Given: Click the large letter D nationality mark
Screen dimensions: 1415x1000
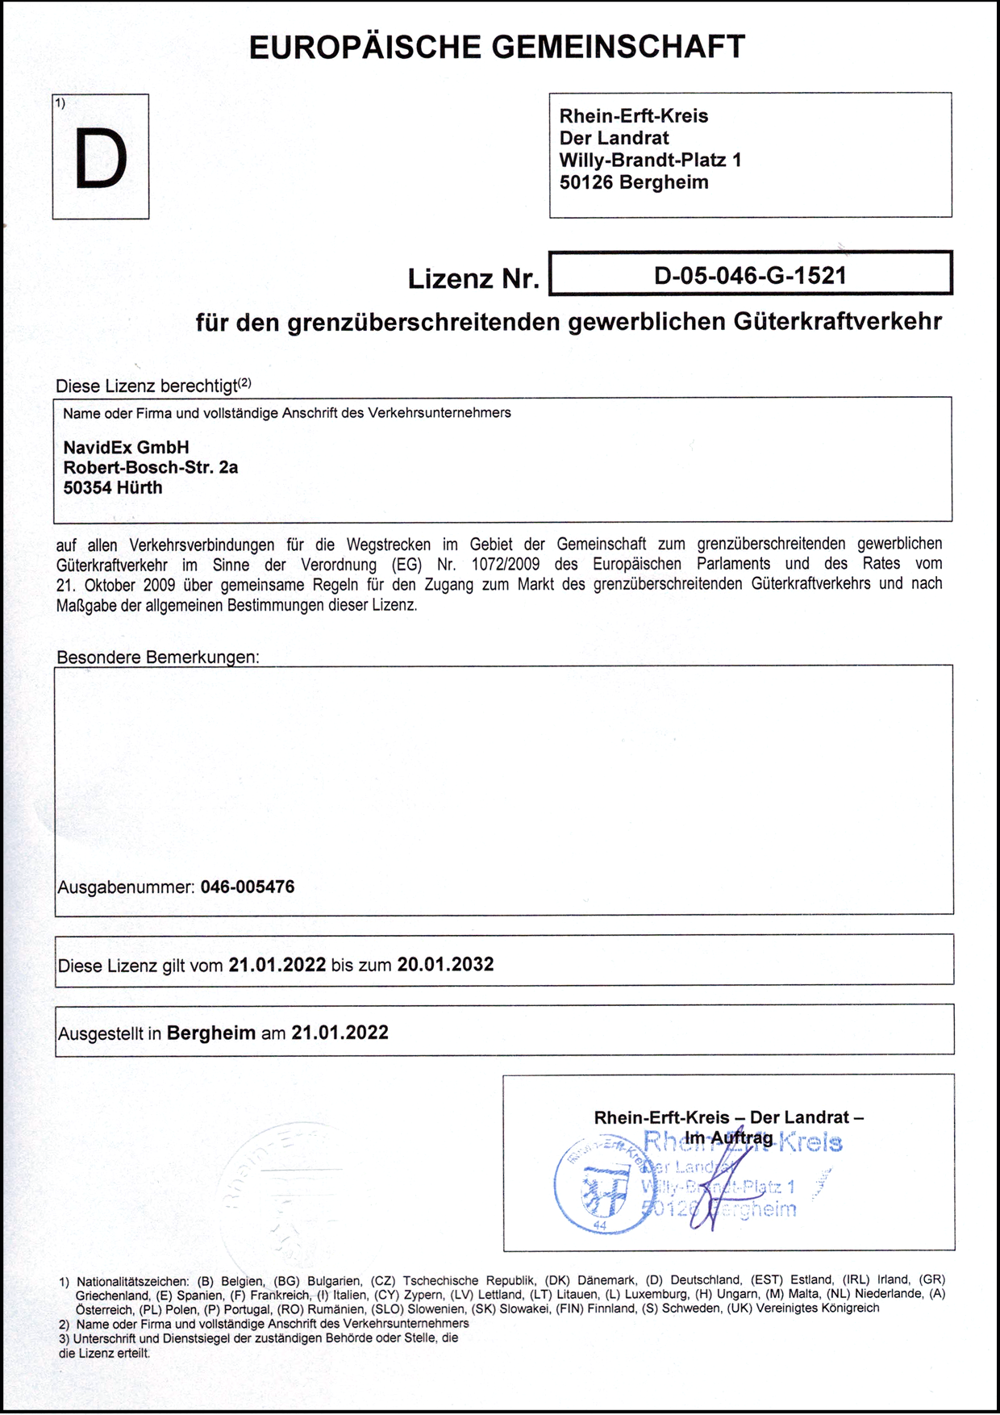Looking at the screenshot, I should click(x=101, y=159).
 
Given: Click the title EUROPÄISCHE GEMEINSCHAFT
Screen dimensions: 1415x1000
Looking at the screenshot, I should click(x=497, y=48).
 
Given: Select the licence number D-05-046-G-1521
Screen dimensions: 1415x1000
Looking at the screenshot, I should click(x=750, y=276).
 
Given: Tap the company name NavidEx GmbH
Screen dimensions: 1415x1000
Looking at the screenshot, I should click(x=127, y=447).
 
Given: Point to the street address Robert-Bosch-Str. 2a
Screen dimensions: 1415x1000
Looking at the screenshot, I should click(x=151, y=467).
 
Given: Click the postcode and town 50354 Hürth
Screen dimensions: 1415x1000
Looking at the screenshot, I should click(x=113, y=487).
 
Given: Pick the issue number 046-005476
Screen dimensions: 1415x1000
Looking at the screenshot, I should click(x=248, y=887).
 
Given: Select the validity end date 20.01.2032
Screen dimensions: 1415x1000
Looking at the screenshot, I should click(x=445, y=964).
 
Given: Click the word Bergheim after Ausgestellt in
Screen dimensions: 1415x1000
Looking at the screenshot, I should click(x=211, y=1033).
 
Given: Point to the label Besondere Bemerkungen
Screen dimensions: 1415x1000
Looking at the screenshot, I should click(x=158, y=657).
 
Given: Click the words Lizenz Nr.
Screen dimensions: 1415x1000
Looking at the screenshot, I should click(x=473, y=278).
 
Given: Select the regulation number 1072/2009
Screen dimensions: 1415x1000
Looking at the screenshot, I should click(x=506, y=564).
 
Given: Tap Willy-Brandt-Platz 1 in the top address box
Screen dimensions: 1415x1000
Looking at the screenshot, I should click(x=651, y=160).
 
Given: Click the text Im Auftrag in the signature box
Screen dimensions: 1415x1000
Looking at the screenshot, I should click(x=728, y=1137).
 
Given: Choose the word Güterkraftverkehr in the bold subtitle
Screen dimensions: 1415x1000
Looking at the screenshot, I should click(x=838, y=321).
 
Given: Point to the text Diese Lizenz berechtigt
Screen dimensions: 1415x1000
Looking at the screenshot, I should click(x=147, y=386).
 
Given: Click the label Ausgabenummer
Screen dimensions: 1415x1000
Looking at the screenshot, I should click(x=126, y=887).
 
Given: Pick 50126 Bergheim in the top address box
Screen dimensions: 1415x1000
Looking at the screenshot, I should click(x=634, y=182).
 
